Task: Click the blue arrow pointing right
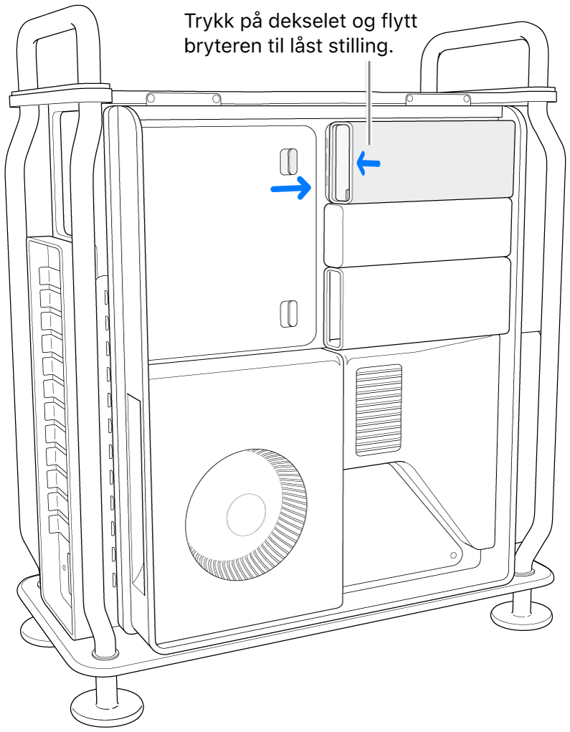[x=291, y=189]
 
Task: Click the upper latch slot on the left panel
[x=288, y=161]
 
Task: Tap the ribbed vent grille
[x=379, y=410]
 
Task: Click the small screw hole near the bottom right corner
[x=455, y=555]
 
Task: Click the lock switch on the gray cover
[x=339, y=161]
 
